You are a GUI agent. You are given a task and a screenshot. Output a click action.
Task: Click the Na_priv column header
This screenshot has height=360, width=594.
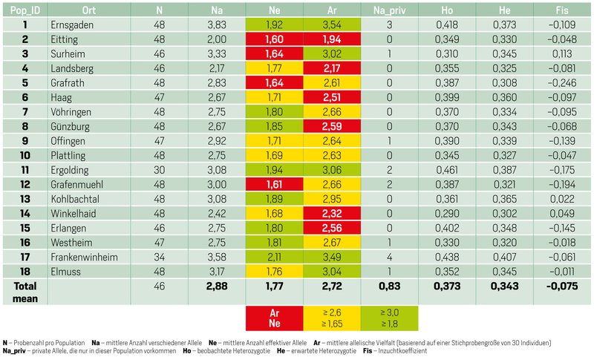pos(388,10)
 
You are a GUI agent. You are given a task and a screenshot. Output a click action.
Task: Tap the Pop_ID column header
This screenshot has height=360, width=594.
pos(25,10)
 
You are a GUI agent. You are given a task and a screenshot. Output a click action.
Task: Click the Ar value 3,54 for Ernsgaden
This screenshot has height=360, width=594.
pos(331,24)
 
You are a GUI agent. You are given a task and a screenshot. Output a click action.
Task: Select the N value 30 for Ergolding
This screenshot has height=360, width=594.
pos(159,169)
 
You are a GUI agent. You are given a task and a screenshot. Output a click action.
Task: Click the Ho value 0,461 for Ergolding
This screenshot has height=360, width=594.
pos(448,169)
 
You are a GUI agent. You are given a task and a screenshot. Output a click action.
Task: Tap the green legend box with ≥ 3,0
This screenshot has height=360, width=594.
pos(388,318)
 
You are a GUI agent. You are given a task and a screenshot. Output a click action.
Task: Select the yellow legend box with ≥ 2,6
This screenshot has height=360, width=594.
pos(331,318)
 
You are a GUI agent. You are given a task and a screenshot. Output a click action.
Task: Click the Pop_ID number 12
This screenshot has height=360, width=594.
pos(25,183)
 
